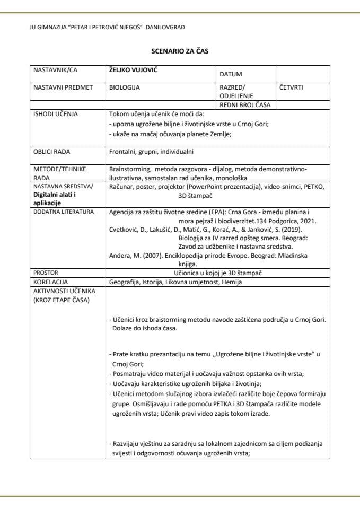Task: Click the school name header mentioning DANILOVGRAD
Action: (108, 27)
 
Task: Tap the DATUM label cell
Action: (231, 75)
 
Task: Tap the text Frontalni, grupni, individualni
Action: (151, 152)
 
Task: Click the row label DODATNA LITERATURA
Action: (64, 212)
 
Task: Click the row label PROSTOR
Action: (46, 273)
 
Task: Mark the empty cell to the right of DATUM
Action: (302, 74)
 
